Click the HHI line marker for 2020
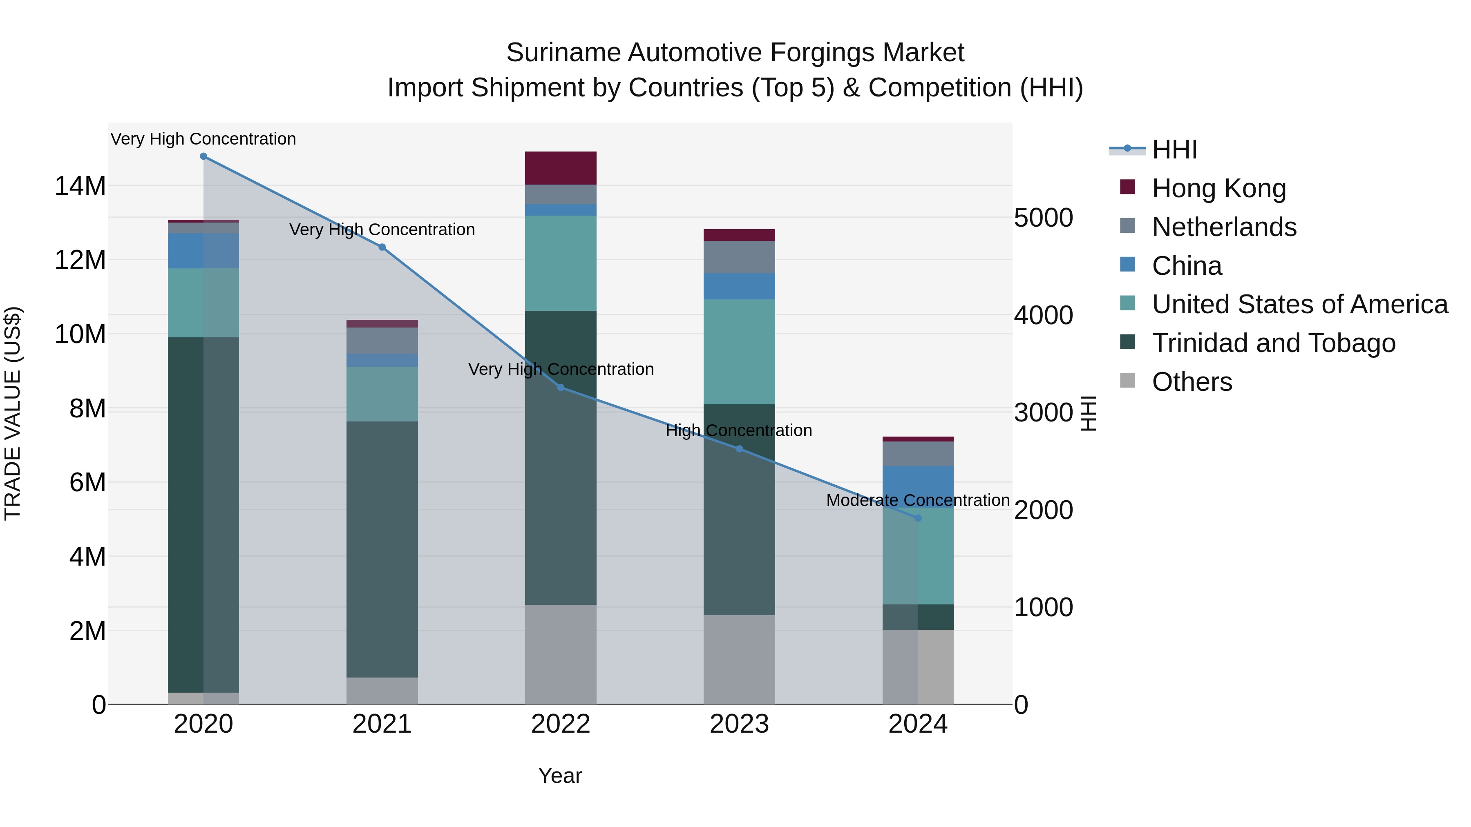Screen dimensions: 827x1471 (203, 156)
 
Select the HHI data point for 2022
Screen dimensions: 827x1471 (561, 388)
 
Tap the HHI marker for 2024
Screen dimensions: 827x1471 (918, 518)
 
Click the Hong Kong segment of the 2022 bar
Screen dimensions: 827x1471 (561, 168)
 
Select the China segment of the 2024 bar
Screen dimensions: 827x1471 (918, 485)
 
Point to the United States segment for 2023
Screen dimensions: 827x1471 (739, 352)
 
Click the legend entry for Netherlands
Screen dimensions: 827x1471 (1224, 227)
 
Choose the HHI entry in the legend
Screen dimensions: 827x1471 (1174, 149)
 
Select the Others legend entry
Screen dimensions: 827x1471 (1192, 382)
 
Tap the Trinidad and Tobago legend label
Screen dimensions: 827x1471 (1273, 343)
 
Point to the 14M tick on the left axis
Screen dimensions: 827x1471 (80, 186)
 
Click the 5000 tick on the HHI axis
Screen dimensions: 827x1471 (1043, 218)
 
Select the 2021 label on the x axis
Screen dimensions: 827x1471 (382, 724)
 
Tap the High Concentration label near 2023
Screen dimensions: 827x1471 (738, 430)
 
